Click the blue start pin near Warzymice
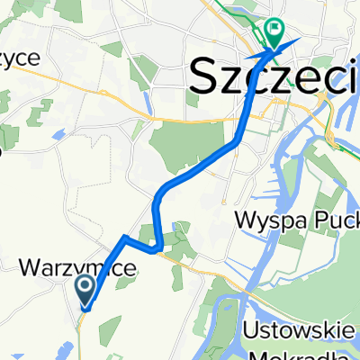click(87, 292)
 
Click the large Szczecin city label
click(274, 79)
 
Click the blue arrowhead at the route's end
click(290, 45)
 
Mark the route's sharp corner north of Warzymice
click(122, 237)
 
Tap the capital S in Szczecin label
click(205, 79)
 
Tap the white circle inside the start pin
click(87, 288)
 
